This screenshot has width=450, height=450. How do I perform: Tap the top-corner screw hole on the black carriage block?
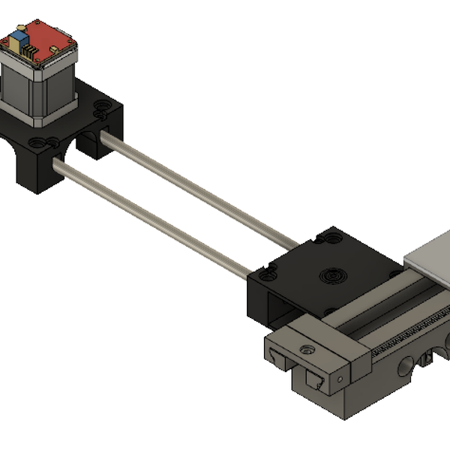pos(328,239)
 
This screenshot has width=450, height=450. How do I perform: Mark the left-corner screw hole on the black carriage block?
pos(262,274)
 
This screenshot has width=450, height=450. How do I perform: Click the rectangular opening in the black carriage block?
pos(281,307)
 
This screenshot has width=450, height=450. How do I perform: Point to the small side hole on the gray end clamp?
pos(340,380)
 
